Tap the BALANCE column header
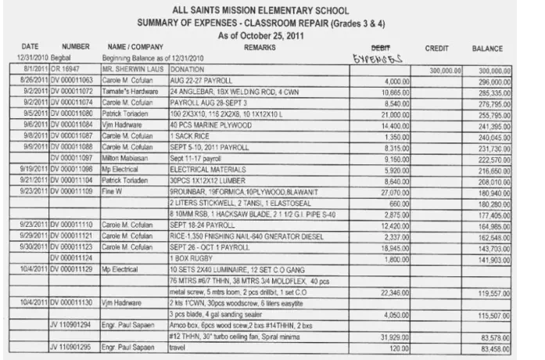coord(487,49)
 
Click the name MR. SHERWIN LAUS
coord(130,70)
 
